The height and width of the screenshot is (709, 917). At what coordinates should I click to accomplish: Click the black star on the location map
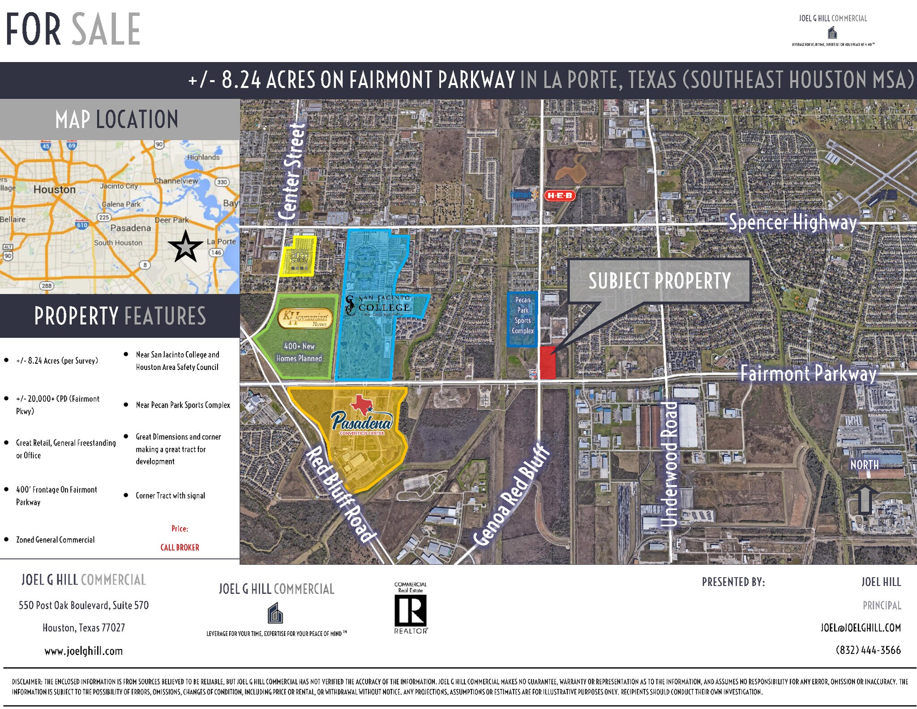(185, 246)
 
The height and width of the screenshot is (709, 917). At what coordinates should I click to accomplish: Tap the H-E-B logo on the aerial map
(559, 195)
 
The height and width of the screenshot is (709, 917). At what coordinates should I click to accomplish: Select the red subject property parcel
(547, 363)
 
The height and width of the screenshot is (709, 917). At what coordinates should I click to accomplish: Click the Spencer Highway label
(793, 222)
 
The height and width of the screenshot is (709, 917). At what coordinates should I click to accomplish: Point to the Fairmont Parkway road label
(808, 373)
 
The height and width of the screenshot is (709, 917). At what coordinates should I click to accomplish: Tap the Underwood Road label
(670, 464)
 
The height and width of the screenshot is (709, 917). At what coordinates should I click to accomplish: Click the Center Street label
(292, 172)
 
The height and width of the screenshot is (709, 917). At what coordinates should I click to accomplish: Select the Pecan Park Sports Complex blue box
(523, 319)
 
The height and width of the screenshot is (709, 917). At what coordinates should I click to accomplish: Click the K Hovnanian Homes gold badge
(305, 318)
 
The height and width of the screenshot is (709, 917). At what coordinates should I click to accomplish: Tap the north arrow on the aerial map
(864, 499)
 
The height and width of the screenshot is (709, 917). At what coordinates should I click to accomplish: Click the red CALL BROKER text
(180, 547)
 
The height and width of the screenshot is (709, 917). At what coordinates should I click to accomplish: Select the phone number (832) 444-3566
(868, 650)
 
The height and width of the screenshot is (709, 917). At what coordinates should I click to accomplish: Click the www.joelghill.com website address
(83, 651)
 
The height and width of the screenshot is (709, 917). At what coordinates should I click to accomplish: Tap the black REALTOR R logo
(410, 611)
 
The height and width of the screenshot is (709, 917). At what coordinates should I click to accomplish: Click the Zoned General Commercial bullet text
(55, 540)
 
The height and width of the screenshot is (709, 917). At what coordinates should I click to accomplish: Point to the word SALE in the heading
(106, 29)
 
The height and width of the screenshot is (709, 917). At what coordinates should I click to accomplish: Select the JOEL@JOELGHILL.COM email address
(860, 627)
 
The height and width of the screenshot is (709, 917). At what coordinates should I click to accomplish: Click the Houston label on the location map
(55, 189)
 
